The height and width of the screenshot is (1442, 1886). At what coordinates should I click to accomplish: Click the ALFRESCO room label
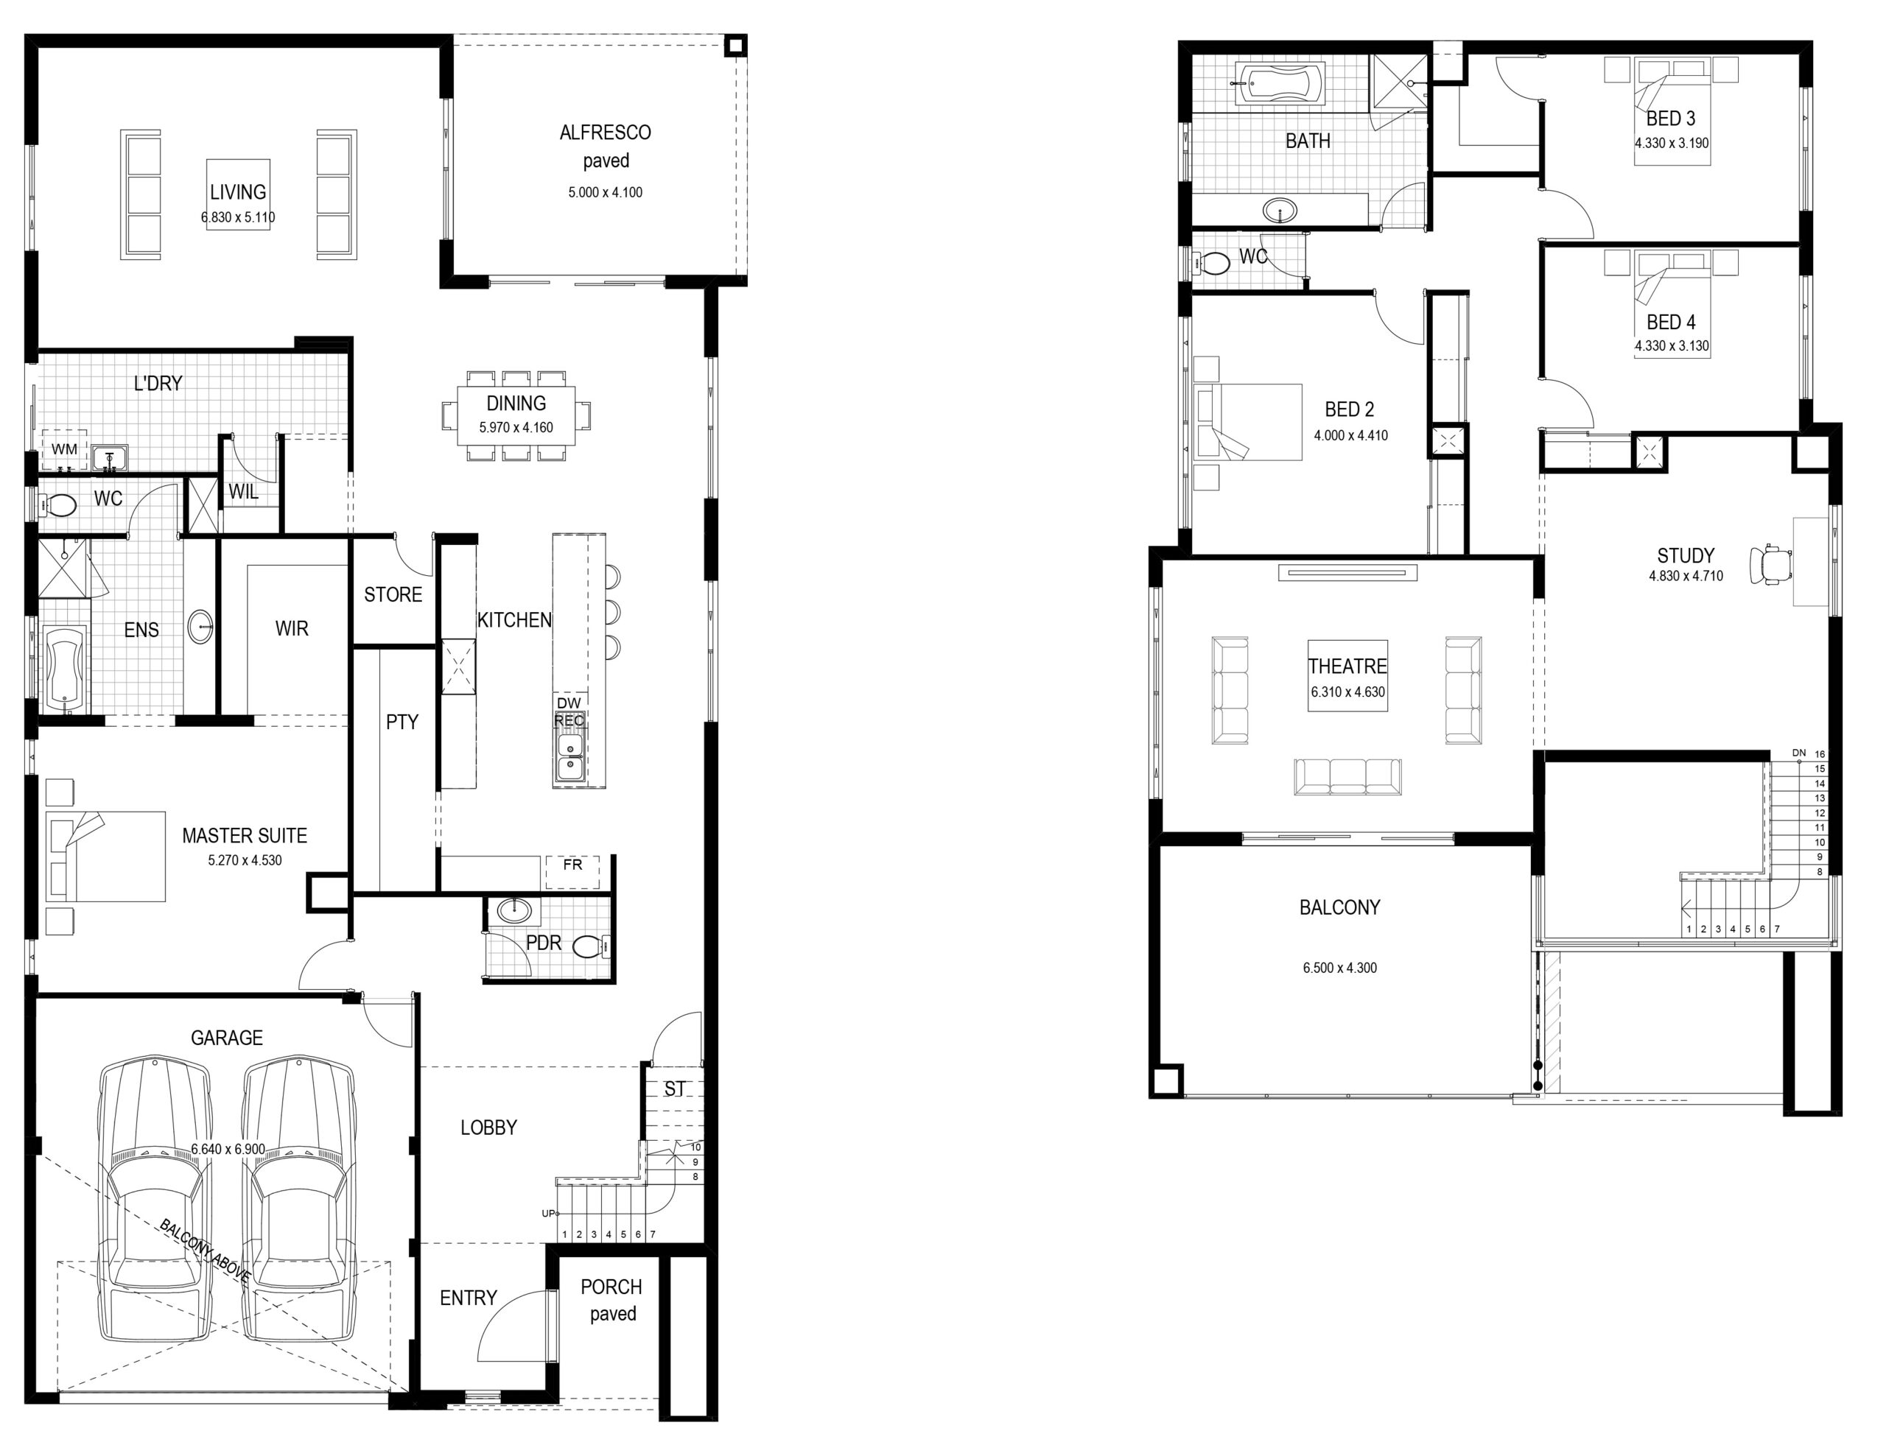[605, 132]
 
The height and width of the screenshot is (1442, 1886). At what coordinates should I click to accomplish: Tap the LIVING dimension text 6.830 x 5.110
[239, 217]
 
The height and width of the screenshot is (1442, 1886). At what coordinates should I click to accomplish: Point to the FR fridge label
[572, 865]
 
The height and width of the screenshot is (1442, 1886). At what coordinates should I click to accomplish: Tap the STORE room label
[393, 595]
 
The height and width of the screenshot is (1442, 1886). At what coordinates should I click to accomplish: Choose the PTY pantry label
[402, 722]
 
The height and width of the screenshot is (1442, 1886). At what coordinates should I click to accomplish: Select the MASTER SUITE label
[245, 835]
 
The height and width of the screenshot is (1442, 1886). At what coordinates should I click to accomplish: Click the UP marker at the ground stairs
[547, 1213]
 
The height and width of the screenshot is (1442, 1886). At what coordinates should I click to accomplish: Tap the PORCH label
[611, 1287]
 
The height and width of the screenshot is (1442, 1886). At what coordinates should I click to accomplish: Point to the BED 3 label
[1671, 119]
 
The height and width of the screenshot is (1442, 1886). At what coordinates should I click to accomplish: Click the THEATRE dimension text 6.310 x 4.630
[1347, 692]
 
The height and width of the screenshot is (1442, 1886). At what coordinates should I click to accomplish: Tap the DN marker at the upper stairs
[1798, 753]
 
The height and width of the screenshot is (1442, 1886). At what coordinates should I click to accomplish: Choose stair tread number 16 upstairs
[1820, 754]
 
